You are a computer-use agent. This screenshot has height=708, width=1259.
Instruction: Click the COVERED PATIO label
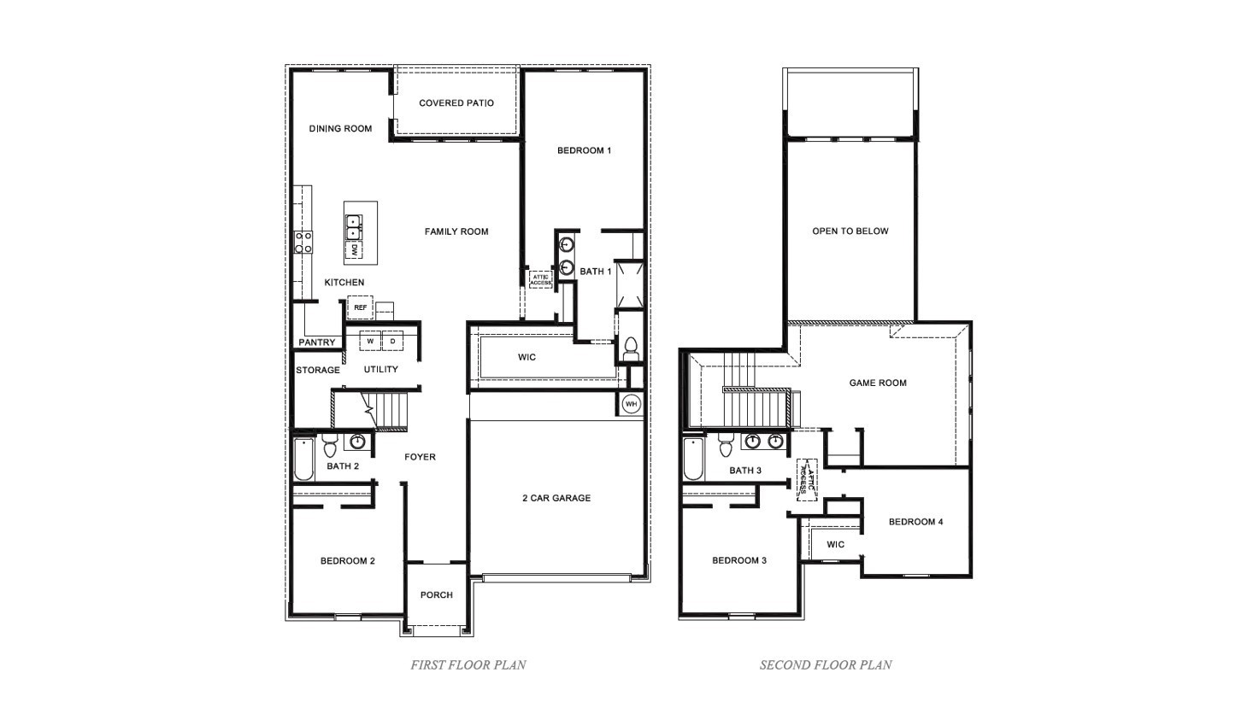tap(456, 103)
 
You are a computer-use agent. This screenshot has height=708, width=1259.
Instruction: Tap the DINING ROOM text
tap(340, 129)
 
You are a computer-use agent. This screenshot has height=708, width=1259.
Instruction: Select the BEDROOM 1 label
tap(584, 151)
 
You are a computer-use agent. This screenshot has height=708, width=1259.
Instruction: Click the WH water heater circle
tap(631, 404)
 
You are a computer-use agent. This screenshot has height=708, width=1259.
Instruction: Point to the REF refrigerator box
tap(360, 307)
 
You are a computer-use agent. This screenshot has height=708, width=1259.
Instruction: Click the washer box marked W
tap(370, 342)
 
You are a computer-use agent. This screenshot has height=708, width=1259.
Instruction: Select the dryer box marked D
tap(392, 342)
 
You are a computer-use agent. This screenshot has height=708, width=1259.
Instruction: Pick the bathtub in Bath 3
tap(693, 459)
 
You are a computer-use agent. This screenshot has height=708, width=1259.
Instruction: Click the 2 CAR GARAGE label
tap(556, 498)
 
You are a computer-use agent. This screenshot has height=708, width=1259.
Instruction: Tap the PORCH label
tap(437, 595)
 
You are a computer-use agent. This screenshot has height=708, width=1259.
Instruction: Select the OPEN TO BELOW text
tap(850, 231)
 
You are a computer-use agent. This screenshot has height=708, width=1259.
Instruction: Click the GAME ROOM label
tap(878, 383)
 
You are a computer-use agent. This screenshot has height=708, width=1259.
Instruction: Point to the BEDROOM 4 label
tap(915, 522)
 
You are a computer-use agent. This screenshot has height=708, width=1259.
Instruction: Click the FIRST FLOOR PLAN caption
tap(468, 664)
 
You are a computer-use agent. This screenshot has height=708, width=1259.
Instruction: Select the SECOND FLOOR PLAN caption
tap(826, 664)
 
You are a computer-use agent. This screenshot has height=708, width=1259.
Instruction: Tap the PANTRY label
tap(317, 342)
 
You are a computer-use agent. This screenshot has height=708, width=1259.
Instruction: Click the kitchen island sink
tap(353, 227)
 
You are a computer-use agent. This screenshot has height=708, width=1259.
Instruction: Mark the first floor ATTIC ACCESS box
tap(540, 279)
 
